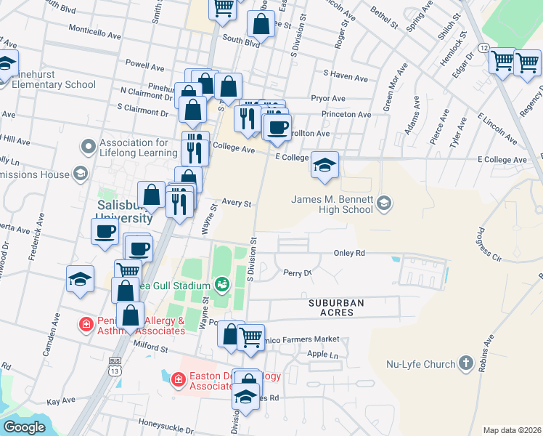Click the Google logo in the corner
[x=24, y=427]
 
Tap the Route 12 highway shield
[x=483, y=47]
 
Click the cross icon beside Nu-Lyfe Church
[x=465, y=363]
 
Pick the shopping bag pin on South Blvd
[x=261, y=23]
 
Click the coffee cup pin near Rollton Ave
[x=277, y=127]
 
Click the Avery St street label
[x=237, y=204]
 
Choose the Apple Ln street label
[x=323, y=354]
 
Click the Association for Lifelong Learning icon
[x=89, y=148]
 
